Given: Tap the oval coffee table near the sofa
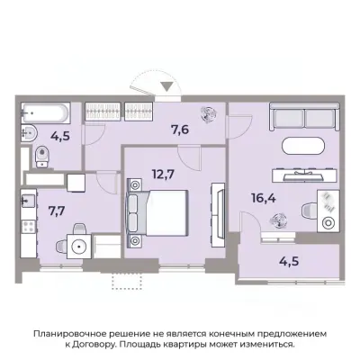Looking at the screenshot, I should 304,148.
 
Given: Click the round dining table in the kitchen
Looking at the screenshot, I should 80,244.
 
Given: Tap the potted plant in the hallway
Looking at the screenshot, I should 208,114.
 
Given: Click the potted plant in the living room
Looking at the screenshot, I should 279,219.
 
